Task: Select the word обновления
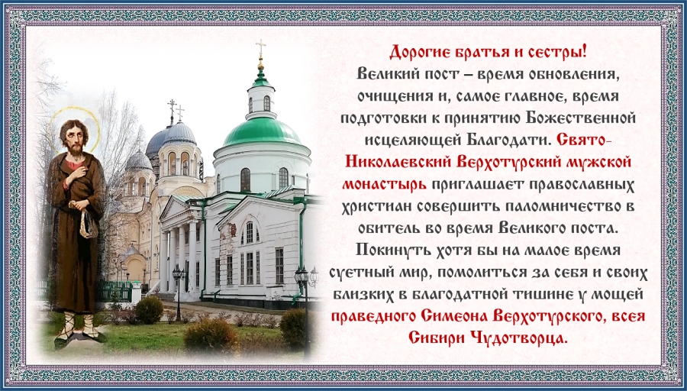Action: coord(560,74)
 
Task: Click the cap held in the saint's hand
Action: coord(89,225)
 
